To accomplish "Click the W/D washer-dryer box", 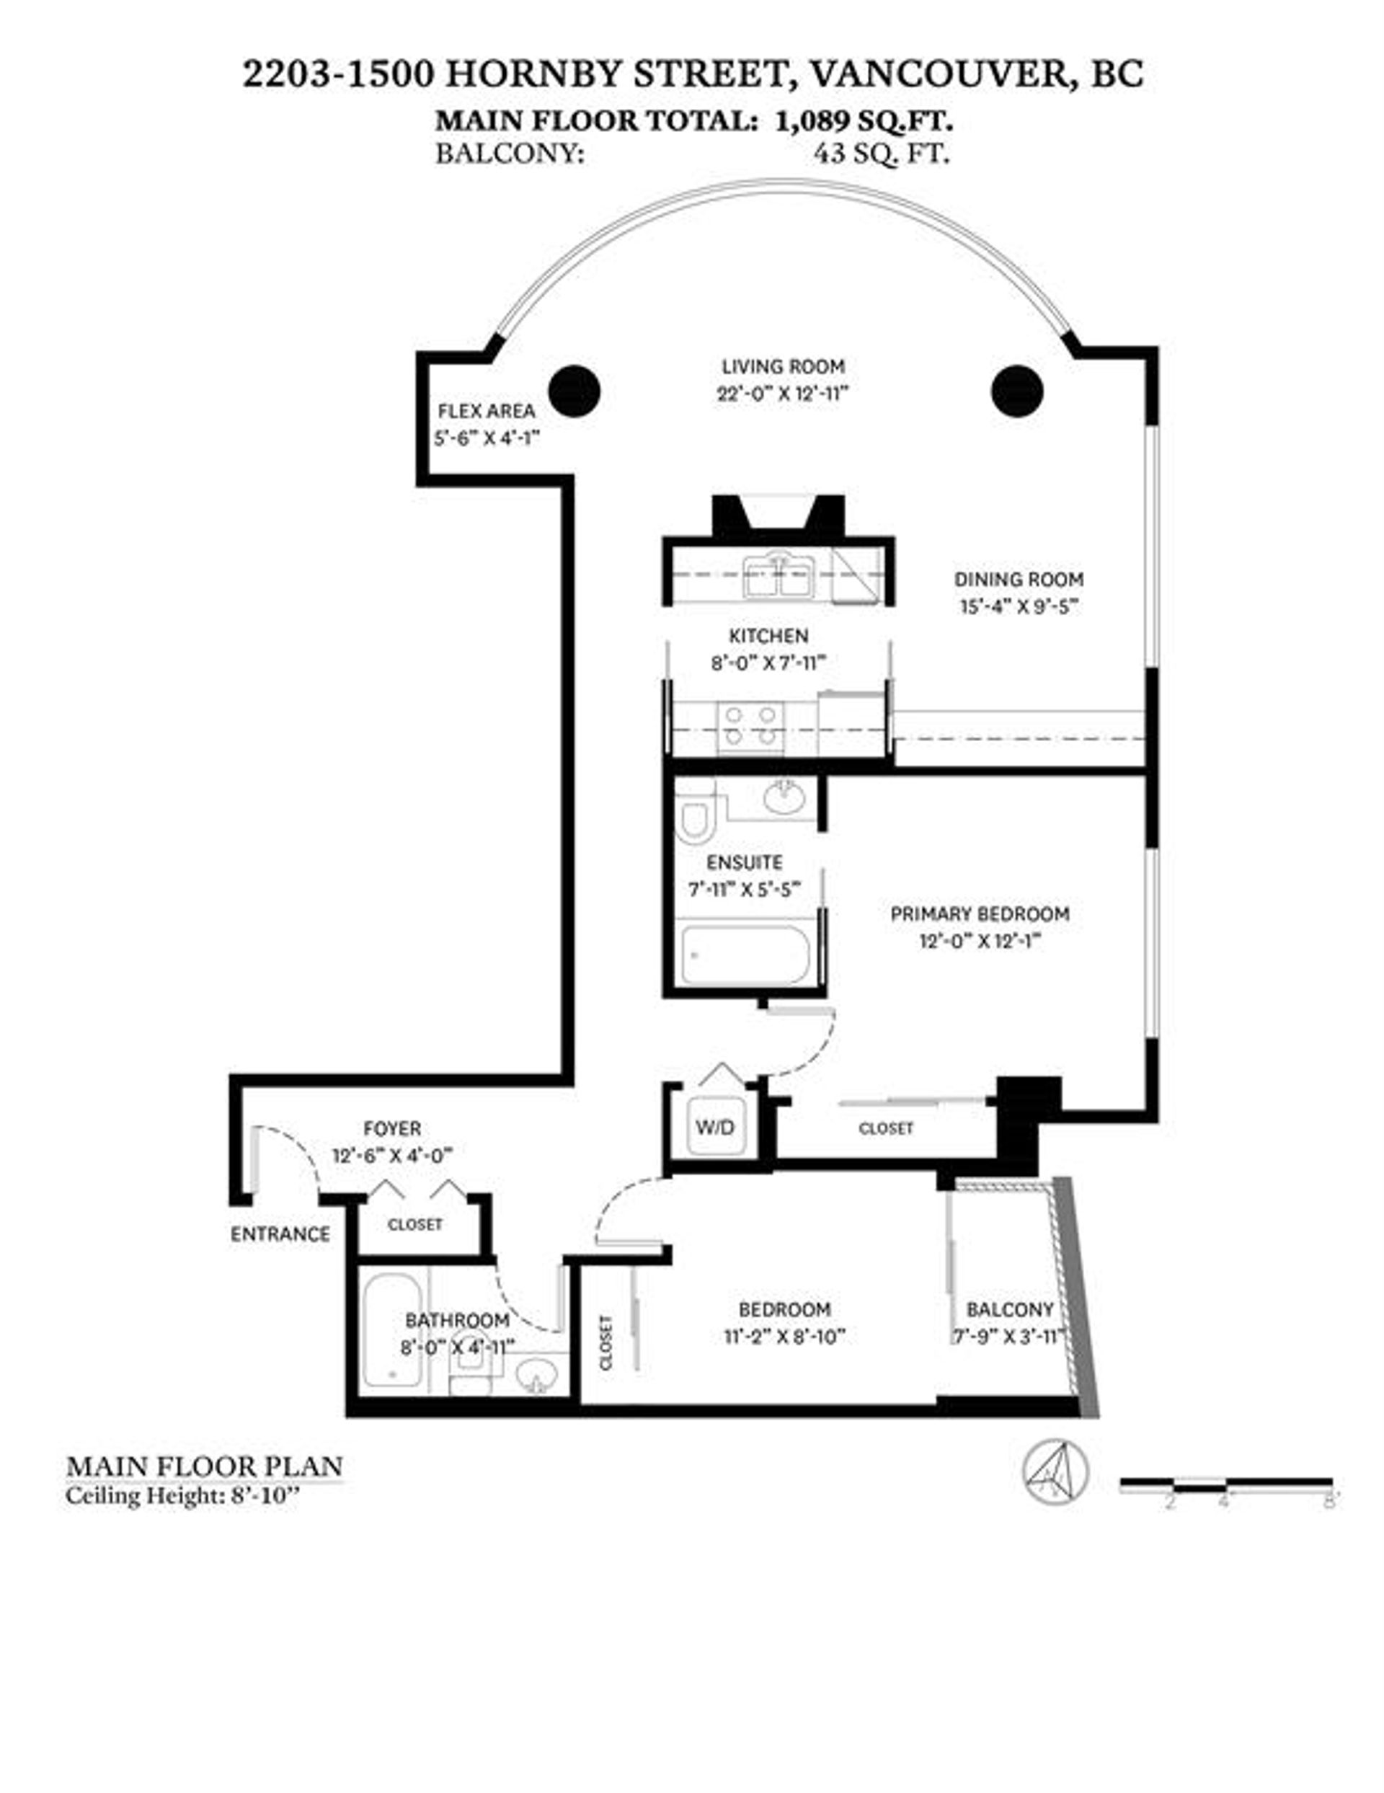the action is click(x=715, y=1126).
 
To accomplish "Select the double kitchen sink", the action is click(x=776, y=577).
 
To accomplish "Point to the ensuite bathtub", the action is click(x=745, y=955).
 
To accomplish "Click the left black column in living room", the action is click(x=574, y=391).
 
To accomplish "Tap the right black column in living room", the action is click(x=1017, y=391).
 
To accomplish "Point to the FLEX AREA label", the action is click(x=486, y=410).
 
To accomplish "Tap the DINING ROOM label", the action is click(x=1019, y=579).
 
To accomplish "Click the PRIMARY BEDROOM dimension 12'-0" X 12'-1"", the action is click(x=980, y=941).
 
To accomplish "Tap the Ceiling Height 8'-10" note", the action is click(x=183, y=1496).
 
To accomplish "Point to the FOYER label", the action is click(x=392, y=1128).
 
